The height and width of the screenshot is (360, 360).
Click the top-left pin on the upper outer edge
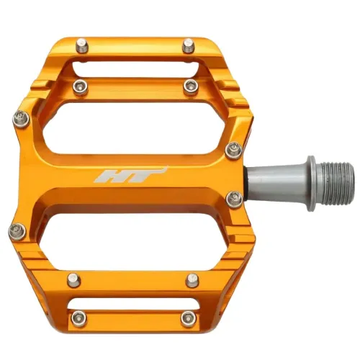tap(82, 45)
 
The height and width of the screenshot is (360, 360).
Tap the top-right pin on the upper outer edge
tap(188, 45)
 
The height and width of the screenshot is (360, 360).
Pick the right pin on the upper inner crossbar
tap(190, 86)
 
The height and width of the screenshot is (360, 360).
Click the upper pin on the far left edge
tap(20, 117)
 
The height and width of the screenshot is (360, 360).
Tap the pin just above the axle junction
tap(233, 150)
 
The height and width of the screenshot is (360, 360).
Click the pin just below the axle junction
tap(233, 199)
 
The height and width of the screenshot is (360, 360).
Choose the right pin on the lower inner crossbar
tap(192, 279)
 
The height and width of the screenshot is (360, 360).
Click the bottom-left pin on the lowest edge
tap(76, 318)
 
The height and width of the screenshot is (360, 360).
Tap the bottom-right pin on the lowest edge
tap(188, 317)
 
